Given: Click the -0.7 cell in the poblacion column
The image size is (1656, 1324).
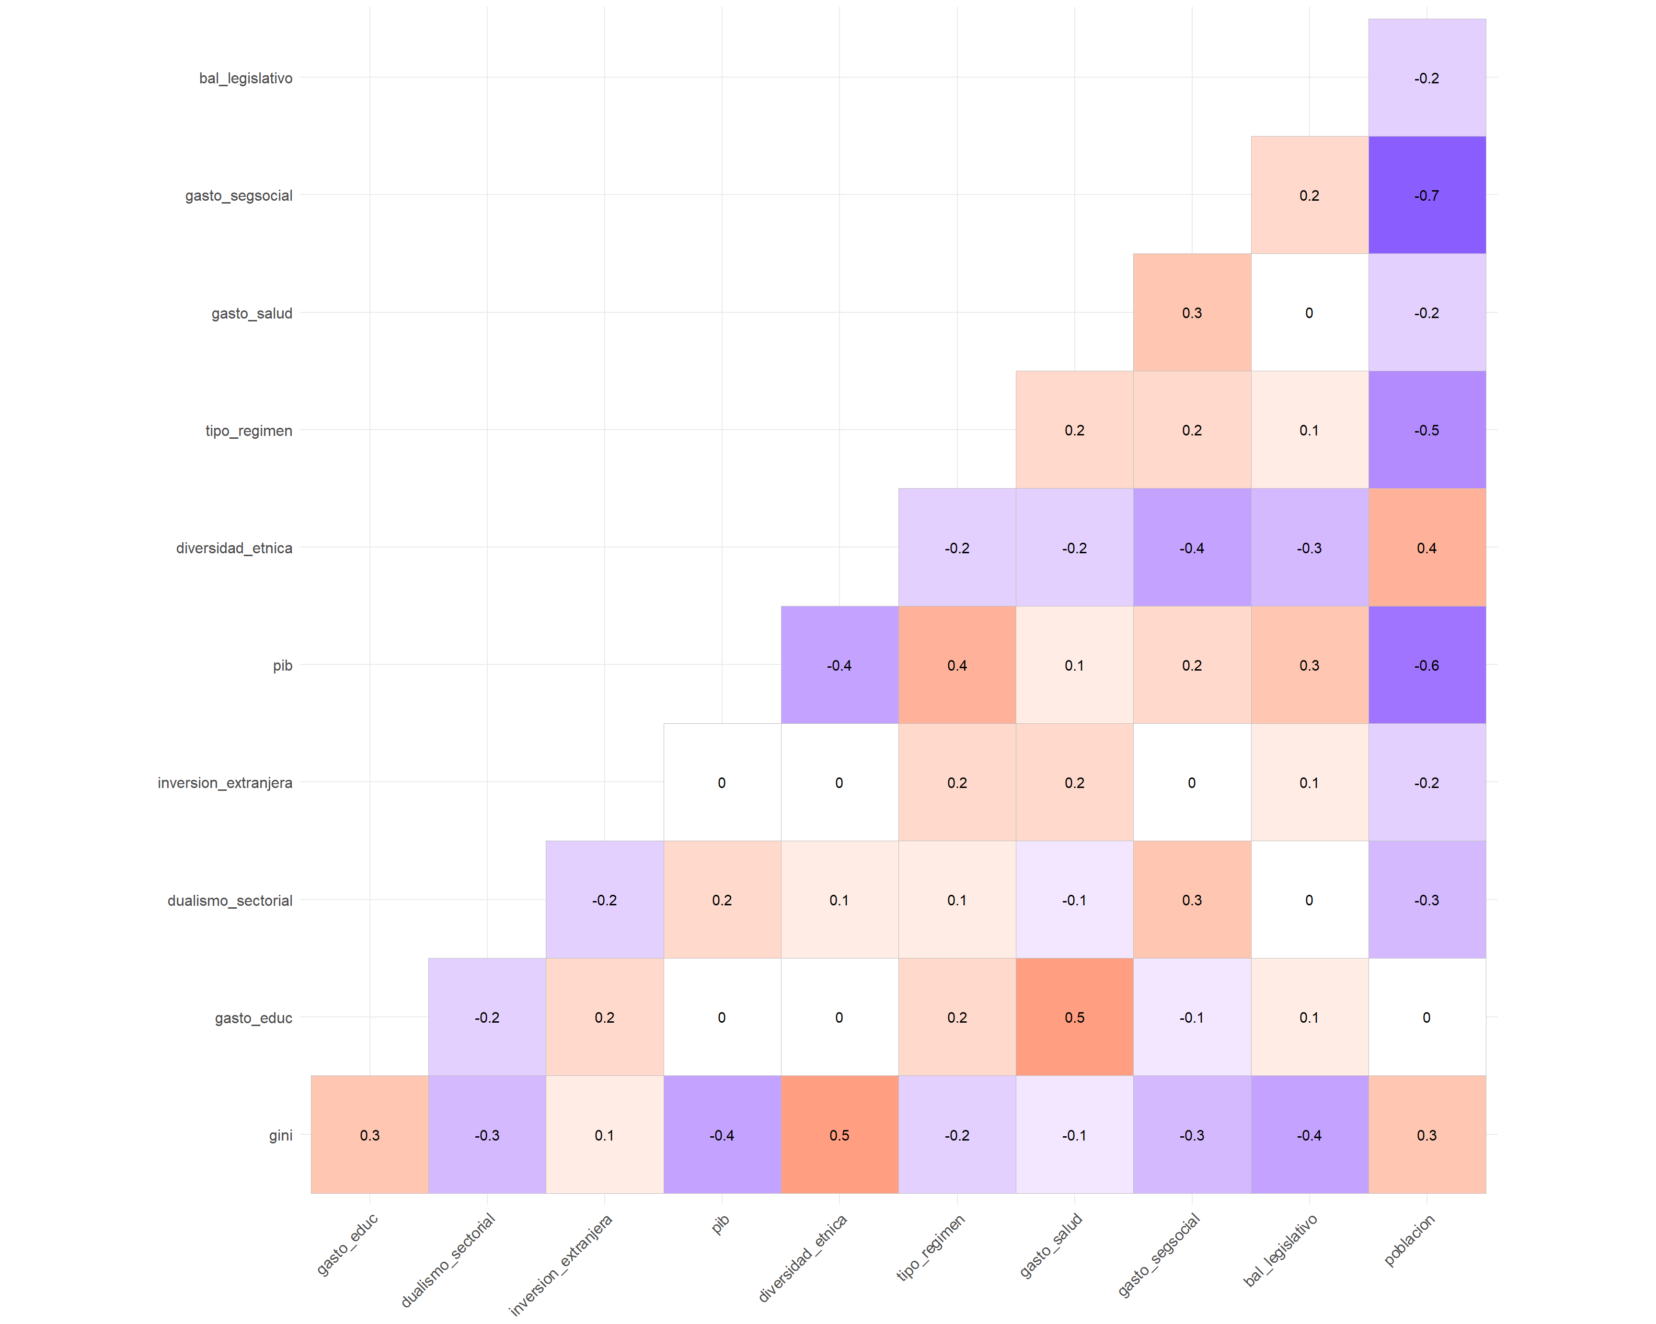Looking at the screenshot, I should (x=1426, y=195).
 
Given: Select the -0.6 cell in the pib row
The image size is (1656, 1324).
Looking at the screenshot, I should (x=1426, y=665).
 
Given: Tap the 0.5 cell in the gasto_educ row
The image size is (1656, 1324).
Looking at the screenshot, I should (x=1074, y=1017).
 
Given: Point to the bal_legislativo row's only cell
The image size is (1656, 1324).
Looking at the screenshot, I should (x=1426, y=78).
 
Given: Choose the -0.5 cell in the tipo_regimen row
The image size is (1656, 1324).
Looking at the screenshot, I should (x=1426, y=430).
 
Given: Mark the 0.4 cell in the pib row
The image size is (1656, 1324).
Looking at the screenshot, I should (x=956, y=665).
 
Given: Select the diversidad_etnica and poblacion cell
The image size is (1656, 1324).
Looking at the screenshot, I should (x=1426, y=548).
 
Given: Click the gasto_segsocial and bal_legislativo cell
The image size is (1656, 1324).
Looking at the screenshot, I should (x=1309, y=195).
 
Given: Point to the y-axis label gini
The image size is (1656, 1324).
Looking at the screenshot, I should (x=280, y=1135).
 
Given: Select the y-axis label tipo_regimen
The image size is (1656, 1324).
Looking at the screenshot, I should (x=248, y=431).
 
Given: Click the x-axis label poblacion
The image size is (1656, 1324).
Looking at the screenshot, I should (x=1409, y=1240).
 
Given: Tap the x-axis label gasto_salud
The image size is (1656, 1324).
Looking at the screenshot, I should (x=1051, y=1245).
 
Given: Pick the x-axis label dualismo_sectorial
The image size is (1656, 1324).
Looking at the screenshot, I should (x=448, y=1259).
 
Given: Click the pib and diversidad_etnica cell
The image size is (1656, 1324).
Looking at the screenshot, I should (x=839, y=665).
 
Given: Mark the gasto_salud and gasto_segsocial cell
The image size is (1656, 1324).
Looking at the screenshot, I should (x=1191, y=313).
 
